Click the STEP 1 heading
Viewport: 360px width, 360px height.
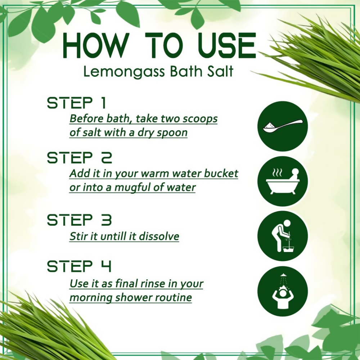point(77,103)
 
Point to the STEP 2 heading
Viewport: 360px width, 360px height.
point(80,158)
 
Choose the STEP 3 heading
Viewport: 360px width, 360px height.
point(80,220)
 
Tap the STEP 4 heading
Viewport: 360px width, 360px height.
point(79,266)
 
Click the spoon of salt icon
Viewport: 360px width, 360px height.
point(282,126)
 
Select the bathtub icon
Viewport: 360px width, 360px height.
point(282,181)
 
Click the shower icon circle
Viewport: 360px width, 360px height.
point(282,292)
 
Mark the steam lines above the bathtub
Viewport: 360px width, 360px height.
point(277,172)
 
